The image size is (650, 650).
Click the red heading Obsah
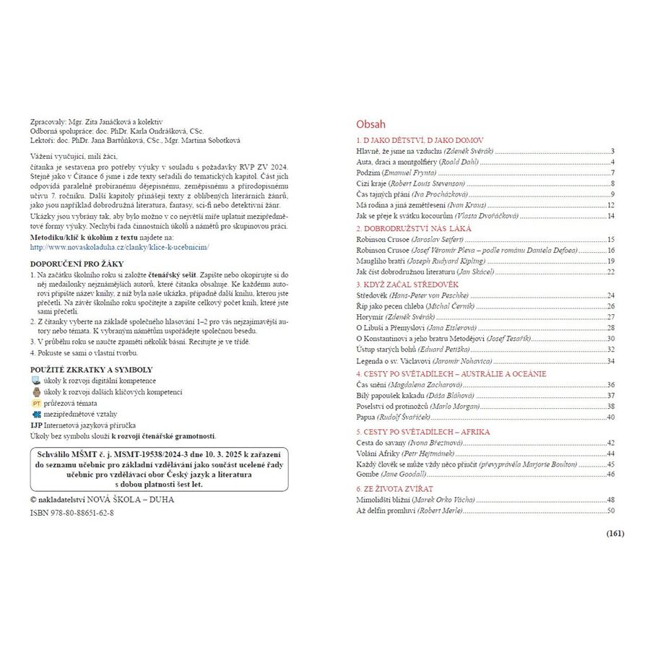pyautogui.click(x=371, y=123)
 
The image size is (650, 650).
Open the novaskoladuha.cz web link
pyautogui.click(x=119, y=246)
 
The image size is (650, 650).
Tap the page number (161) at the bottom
pyautogui.click(x=615, y=534)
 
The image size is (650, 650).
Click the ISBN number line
pyautogui.click(x=71, y=512)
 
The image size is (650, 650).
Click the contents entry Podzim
pyautogui.click(x=369, y=173)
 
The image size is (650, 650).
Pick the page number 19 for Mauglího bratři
pyautogui.click(x=610, y=261)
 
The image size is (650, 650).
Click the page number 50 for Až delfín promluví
pyautogui.click(x=610, y=511)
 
